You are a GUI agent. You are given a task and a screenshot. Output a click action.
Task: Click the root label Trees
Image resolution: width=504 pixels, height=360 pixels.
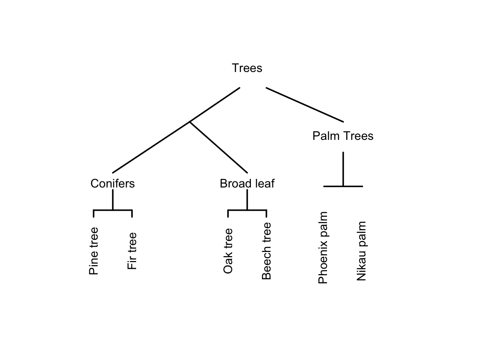pos(247,68)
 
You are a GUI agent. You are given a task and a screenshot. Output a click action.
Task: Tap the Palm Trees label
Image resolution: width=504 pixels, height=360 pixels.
pos(343,136)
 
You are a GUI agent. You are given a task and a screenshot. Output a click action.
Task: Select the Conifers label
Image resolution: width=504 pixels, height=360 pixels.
pos(112,183)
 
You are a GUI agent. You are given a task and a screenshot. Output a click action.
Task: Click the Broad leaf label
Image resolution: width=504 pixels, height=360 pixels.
pos(247,183)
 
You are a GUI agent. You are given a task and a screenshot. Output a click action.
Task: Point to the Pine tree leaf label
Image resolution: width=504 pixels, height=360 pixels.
pos(94,251)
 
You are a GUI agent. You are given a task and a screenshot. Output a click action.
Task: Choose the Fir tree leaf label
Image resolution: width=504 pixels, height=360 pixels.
pos(132,251)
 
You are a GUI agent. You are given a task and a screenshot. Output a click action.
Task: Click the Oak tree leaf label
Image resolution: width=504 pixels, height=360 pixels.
pos(228,251)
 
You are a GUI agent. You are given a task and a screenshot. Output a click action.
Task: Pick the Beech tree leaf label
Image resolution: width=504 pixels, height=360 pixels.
pos(266,251)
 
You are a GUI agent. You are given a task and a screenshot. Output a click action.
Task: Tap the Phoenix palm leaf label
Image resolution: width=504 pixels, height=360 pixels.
pos(323,248)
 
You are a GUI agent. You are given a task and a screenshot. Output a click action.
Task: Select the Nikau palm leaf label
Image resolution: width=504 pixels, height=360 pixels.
pos(361,251)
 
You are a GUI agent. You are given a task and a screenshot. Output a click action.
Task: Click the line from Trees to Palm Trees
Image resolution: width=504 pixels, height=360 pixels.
pos(304,105)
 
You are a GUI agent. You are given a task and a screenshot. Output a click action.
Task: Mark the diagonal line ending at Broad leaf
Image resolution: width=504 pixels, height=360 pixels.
pos(219,147)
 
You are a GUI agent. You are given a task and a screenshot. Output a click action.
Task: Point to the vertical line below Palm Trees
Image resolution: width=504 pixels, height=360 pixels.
pos(343,169)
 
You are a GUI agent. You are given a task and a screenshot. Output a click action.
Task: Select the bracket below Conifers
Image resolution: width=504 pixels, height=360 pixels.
pos(112,210)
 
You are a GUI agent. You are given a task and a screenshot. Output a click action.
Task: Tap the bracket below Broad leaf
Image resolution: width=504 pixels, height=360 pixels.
pos(247,210)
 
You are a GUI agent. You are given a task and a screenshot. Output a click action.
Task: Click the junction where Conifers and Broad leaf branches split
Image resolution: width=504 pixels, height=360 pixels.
pos(190,121)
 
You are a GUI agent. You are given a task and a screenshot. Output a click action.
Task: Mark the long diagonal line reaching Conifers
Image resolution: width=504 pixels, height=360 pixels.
pos(150,148)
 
